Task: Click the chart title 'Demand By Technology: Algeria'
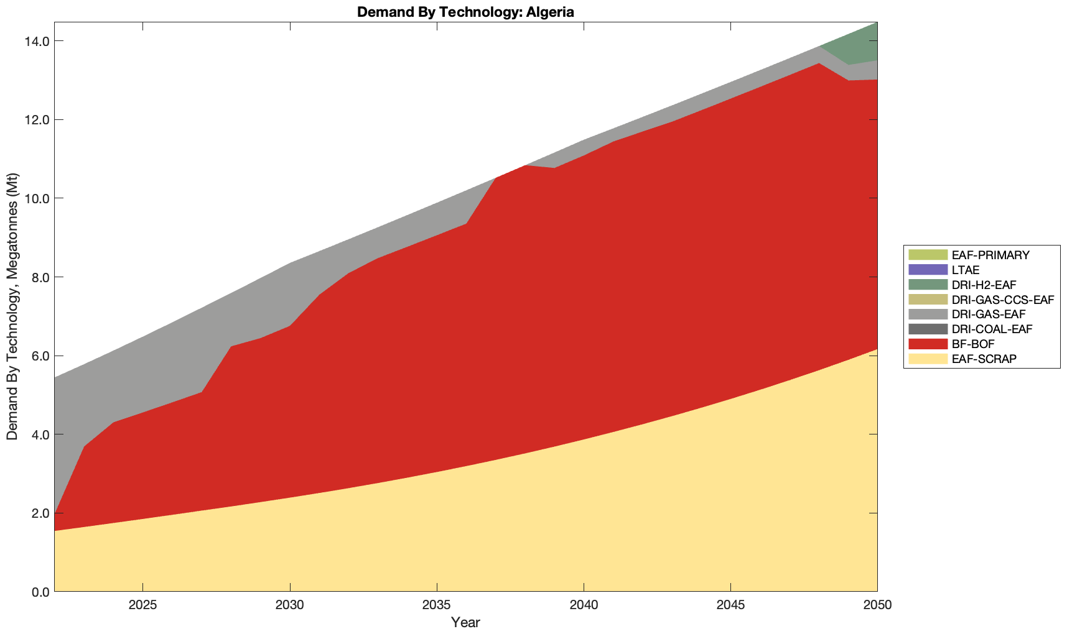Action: tap(465, 11)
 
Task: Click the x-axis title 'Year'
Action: tap(465, 622)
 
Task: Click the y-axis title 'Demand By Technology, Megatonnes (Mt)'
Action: tap(12, 306)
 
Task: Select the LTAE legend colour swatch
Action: tap(928, 270)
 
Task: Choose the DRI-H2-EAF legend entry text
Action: tap(984, 285)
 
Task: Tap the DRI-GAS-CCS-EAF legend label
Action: tap(1002, 300)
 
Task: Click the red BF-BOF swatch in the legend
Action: tap(928, 344)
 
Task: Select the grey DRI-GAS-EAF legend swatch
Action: tap(928, 315)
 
